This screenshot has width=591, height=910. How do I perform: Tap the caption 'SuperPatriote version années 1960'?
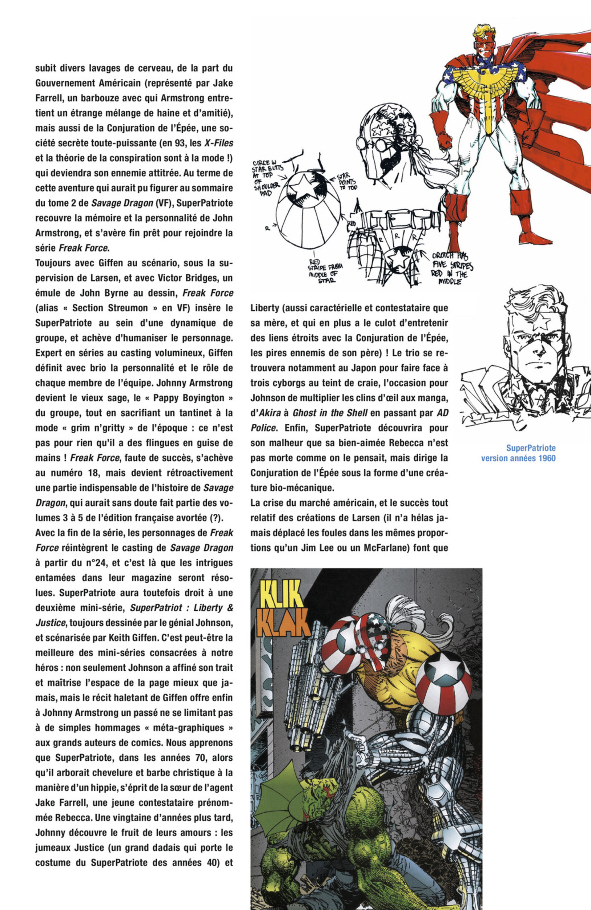(x=518, y=453)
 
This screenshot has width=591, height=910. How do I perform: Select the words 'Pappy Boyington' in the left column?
(x=188, y=398)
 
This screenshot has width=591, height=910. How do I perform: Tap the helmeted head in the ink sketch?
(x=386, y=145)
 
